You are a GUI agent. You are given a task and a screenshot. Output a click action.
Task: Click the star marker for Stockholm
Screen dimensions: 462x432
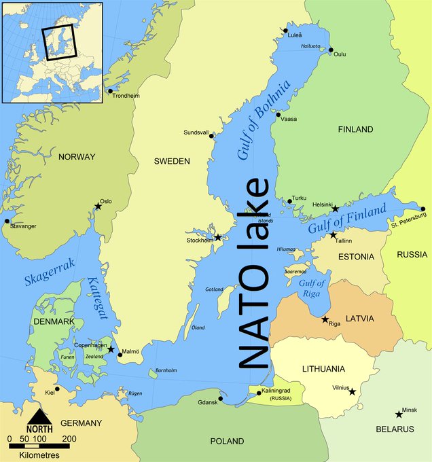[x=217, y=237]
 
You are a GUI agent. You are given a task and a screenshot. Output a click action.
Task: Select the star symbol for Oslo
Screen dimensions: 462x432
[x=98, y=207]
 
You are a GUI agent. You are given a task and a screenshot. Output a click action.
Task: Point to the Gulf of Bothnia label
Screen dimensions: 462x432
[x=264, y=120]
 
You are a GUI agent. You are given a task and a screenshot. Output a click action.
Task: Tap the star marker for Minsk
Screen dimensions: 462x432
[x=398, y=414]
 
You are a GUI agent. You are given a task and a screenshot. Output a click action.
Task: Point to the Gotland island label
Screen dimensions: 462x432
[x=214, y=289]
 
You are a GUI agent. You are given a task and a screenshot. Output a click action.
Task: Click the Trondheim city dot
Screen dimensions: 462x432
[x=109, y=91]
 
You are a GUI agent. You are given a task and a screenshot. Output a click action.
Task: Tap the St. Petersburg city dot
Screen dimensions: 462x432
[x=422, y=209]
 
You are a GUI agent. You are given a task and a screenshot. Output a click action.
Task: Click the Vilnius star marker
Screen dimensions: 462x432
[x=352, y=391]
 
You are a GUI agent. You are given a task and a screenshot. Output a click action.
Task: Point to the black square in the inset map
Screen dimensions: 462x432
[x=60, y=42]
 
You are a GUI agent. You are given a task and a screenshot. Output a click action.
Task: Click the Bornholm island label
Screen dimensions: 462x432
[x=166, y=370]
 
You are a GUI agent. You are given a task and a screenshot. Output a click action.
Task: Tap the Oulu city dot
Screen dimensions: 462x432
[x=331, y=50]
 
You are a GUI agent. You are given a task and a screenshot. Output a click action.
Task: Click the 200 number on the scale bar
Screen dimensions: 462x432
[x=69, y=440]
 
